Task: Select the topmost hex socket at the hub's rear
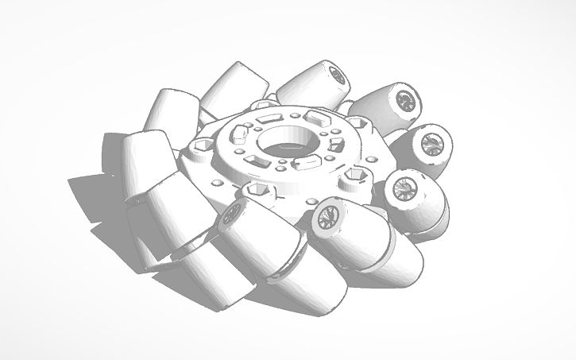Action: pos(264,104)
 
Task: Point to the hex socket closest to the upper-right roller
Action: pos(358,124)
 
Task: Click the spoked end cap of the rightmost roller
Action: pos(434,143)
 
